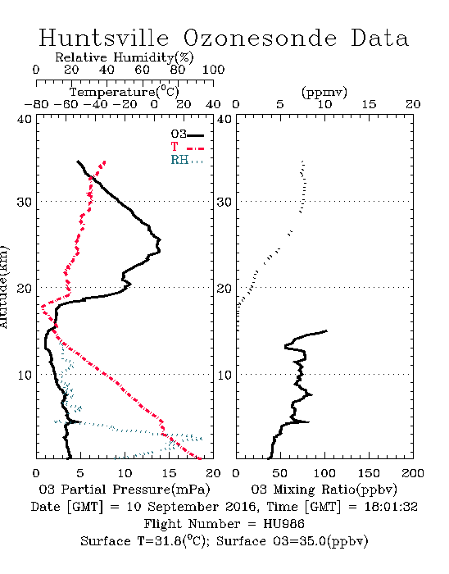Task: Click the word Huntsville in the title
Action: (104, 38)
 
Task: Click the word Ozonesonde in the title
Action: (260, 39)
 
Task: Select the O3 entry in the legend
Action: (187, 134)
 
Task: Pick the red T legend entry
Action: (187, 147)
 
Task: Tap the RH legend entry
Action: (187, 160)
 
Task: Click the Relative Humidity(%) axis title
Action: (125, 57)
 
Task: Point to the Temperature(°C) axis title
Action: (125, 92)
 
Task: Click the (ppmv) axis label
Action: (324, 92)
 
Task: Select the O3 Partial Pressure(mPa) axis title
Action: (125, 490)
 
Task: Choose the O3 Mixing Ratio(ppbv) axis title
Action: (324, 490)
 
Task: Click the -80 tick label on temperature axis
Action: (36, 105)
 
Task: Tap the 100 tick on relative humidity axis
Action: (214, 70)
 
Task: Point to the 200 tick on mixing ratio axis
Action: (413, 473)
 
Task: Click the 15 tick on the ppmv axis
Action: (369, 105)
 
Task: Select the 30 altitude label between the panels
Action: (224, 202)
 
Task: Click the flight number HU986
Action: (283, 524)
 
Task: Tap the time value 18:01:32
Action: (391, 507)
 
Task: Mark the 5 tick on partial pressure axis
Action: (80, 473)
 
